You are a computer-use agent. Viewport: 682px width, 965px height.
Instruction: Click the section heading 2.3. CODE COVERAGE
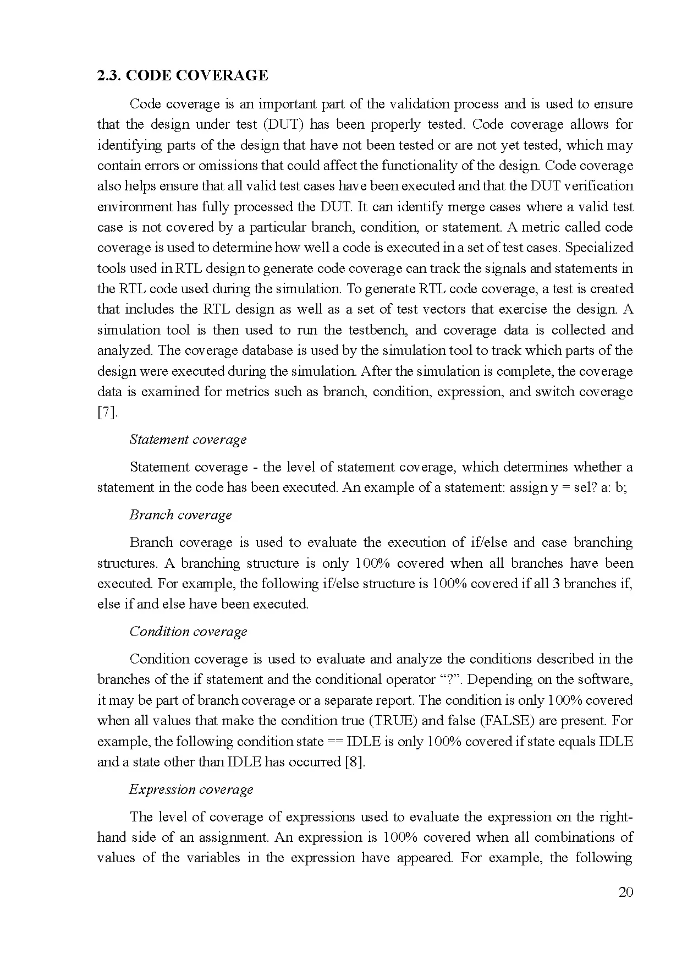(x=183, y=75)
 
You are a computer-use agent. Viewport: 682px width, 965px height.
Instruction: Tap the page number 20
(x=626, y=892)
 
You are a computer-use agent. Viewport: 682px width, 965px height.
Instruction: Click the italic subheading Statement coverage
(x=188, y=440)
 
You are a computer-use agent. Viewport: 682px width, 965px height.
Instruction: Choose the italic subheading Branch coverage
(x=180, y=515)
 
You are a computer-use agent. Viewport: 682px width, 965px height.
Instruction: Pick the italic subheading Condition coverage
(x=188, y=632)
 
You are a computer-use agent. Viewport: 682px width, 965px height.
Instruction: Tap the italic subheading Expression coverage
(x=191, y=789)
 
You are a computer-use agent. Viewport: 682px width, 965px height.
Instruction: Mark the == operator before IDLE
(x=335, y=742)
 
